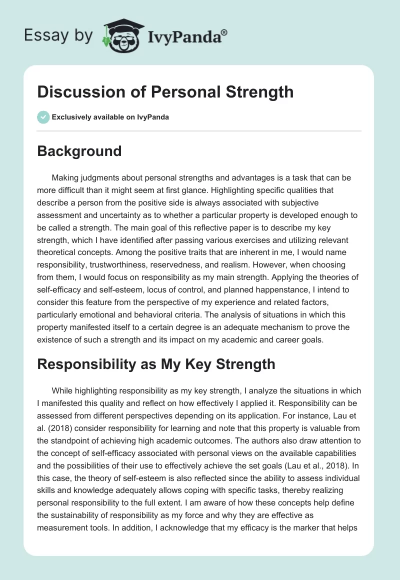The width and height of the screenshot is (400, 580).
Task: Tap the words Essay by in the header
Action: pos(58,35)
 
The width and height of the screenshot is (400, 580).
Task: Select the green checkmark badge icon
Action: pos(43,117)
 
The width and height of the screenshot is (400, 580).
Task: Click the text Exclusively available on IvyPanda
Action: pos(110,117)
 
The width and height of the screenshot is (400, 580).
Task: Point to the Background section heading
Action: pos(79,151)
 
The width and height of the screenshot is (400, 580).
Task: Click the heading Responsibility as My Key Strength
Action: pos(156,363)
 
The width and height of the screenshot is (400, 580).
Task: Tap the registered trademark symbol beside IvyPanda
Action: pos(224,32)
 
